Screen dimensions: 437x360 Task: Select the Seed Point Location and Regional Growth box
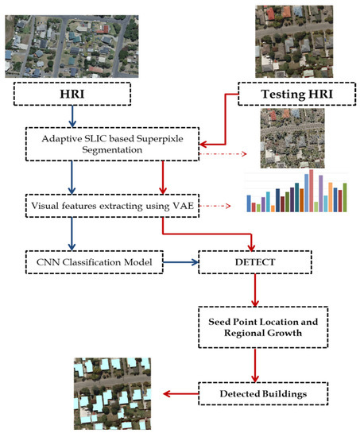click(x=253, y=327)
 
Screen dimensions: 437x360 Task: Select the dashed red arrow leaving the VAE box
click(x=215, y=206)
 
